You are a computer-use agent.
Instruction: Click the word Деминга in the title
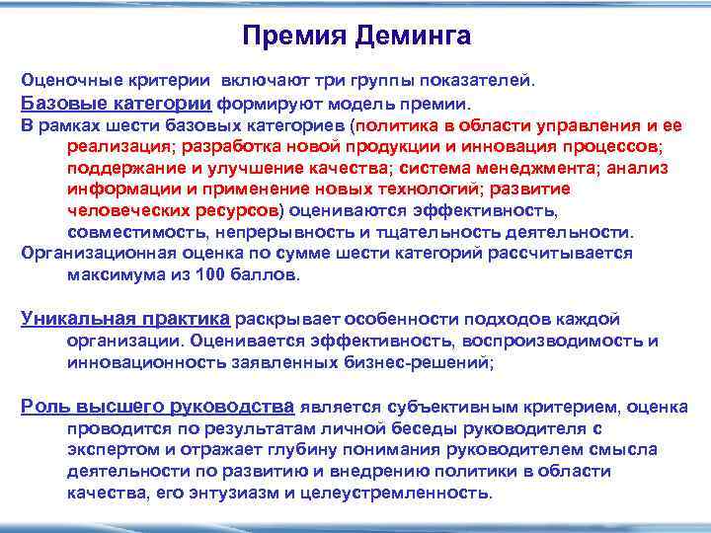412,37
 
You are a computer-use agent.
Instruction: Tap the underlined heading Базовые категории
116,103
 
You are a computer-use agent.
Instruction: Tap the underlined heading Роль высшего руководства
158,407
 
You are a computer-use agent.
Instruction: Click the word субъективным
450,407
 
